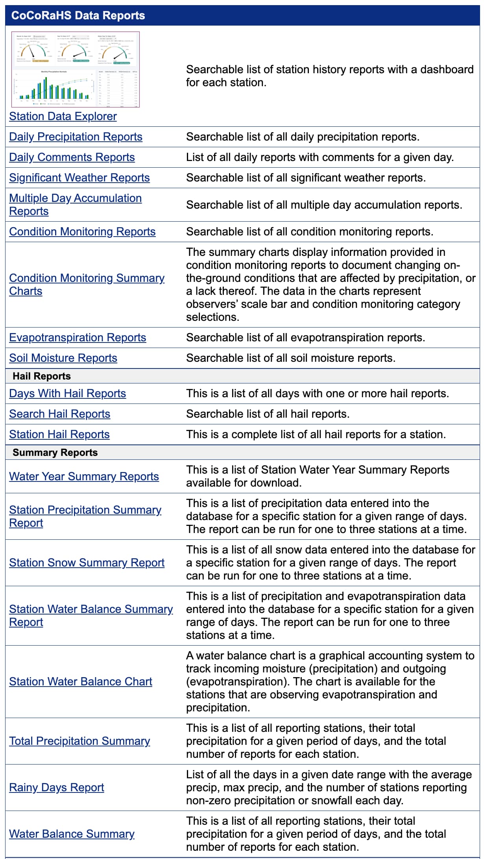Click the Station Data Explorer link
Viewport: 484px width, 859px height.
point(63,116)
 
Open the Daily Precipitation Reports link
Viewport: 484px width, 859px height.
point(76,137)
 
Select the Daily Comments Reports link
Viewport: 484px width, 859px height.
point(72,157)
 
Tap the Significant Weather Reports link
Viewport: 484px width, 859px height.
point(79,178)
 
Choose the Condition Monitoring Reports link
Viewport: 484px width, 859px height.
point(82,231)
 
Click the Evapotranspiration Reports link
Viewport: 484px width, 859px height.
point(78,337)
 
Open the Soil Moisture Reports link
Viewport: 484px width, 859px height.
point(63,358)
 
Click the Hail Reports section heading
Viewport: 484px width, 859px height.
point(42,376)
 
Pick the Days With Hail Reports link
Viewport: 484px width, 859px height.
point(67,393)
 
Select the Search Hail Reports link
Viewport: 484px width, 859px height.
point(59,414)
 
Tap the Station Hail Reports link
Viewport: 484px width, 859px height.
point(59,434)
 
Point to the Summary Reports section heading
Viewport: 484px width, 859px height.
point(55,452)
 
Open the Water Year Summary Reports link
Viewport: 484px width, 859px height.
point(84,476)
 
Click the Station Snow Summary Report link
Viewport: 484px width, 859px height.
point(87,563)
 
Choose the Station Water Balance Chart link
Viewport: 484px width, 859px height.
point(80,681)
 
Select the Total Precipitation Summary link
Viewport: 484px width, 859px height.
point(79,741)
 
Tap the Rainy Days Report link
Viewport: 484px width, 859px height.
point(56,787)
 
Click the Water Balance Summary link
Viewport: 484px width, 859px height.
point(72,834)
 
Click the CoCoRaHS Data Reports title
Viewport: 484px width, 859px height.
point(78,15)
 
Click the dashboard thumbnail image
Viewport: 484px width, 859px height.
point(76,69)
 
